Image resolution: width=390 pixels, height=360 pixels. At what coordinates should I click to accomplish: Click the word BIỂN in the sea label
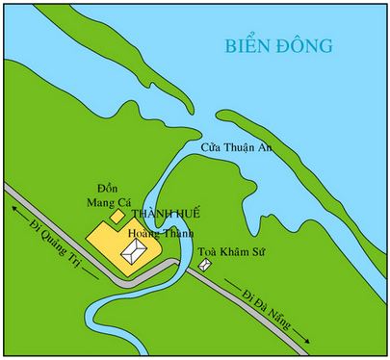coord(246,45)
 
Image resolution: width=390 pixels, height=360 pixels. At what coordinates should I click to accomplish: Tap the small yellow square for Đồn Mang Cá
coord(118,217)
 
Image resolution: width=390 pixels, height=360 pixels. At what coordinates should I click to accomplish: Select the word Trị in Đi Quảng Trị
coord(84,266)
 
